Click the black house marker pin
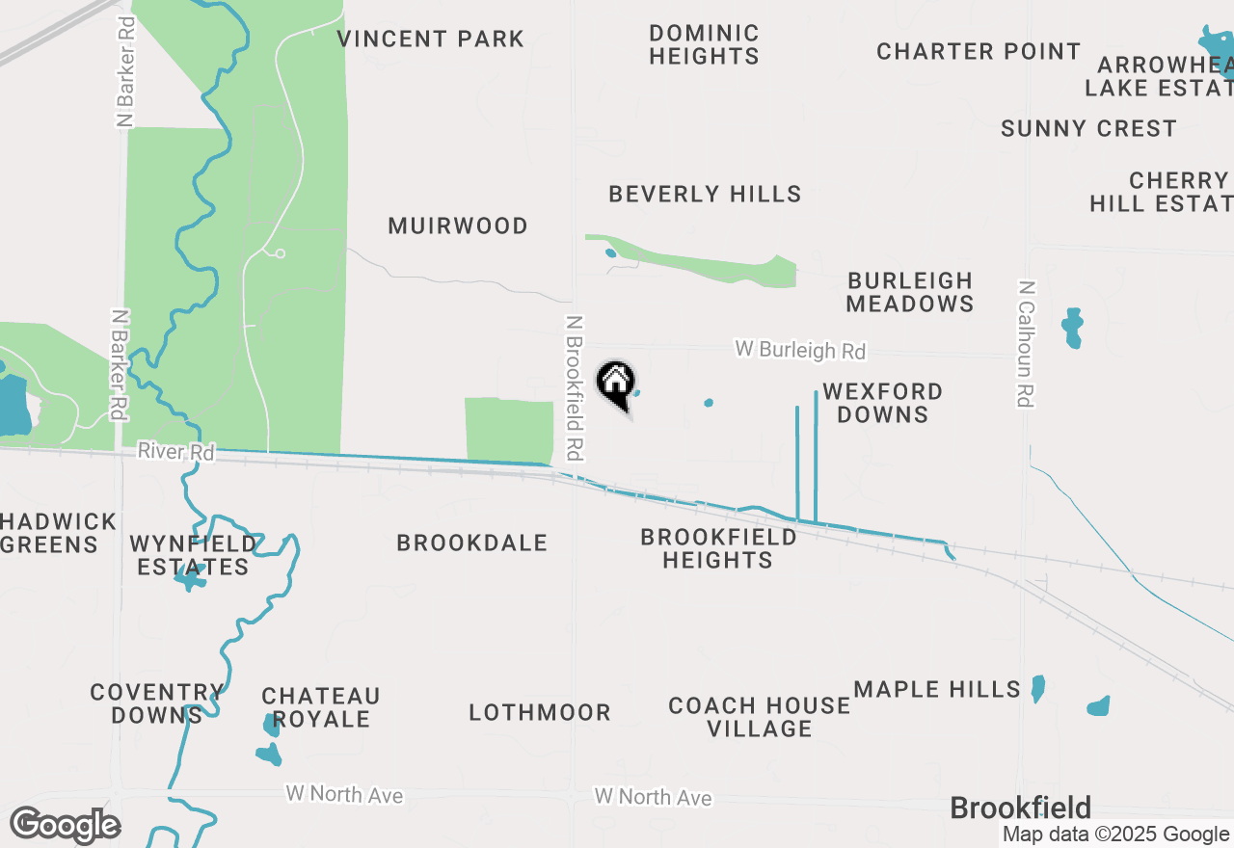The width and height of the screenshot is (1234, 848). click(615, 384)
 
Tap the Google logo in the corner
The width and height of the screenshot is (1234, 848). click(66, 825)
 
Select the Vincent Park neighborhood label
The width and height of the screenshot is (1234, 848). click(431, 40)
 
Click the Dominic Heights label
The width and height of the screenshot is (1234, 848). click(704, 45)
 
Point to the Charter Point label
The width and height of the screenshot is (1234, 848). click(979, 52)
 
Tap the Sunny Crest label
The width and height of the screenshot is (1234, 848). click(1088, 129)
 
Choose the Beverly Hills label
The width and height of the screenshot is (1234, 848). click(705, 195)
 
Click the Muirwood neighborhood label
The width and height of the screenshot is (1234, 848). click(458, 226)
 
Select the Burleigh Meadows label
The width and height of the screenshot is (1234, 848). click(910, 292)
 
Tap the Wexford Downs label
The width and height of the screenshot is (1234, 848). click(882, 403)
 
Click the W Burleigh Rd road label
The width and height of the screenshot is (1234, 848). click(800, 350)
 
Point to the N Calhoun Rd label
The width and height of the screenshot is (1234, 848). click(1026, 344)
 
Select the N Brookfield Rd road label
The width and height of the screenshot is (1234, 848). click(575, 387)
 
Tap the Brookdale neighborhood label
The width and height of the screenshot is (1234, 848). click(472, 543)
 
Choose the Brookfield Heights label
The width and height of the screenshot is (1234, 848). click(718, 548)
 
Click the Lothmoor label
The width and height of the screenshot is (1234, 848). click(540, 713)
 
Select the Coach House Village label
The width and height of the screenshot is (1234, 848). click(760, 717)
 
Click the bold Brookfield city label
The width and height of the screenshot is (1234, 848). click(1020, 808)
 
